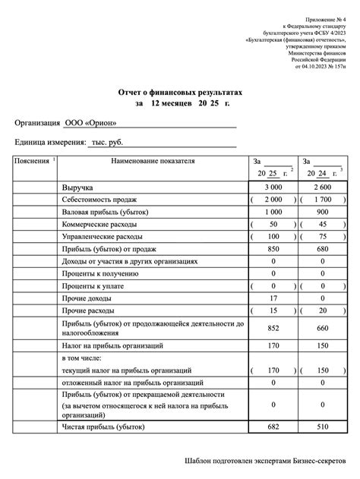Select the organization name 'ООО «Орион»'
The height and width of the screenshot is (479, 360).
click(90, 124)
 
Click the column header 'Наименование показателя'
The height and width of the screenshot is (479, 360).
click(153, 161)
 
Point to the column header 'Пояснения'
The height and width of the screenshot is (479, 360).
click(32, 161)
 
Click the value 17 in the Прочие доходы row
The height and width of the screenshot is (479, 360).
click(273, 298)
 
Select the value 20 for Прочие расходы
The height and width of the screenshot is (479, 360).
click(323, 311)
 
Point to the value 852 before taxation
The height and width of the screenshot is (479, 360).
click(273, 328)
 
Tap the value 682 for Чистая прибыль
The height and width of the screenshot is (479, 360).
click(273, 428)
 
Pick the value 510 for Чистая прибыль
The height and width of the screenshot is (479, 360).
click(323, 428)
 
